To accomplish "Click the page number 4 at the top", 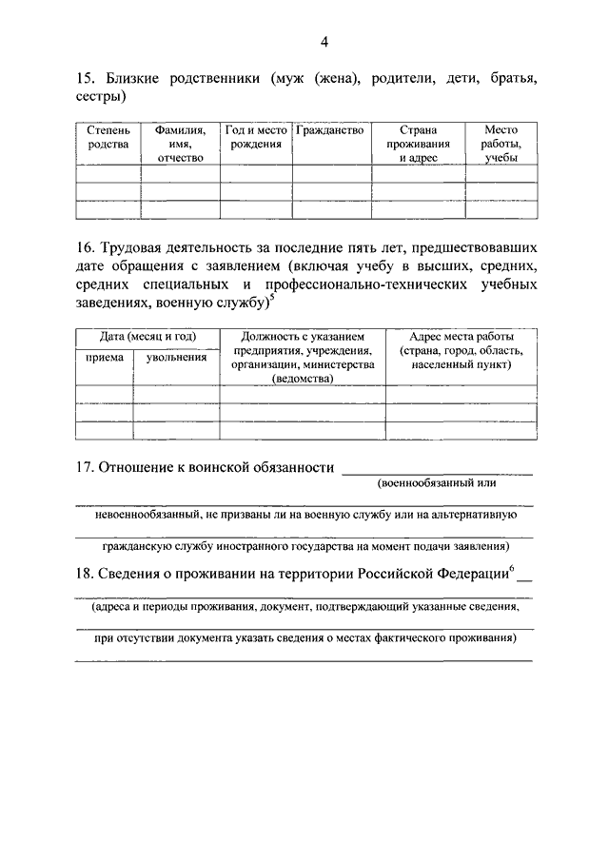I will tap(324, 41).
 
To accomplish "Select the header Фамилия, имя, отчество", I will tap(180, 143).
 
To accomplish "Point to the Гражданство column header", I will tap(330, 130).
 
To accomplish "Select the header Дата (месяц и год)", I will tap(147, 337).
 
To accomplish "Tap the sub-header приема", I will tap(104, 358).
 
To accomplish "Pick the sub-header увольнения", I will tap(176, 358).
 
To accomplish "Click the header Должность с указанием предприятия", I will tap(302, 357).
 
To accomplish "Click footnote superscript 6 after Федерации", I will tap(512, 568).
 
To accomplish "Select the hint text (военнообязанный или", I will tap(437, 483).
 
